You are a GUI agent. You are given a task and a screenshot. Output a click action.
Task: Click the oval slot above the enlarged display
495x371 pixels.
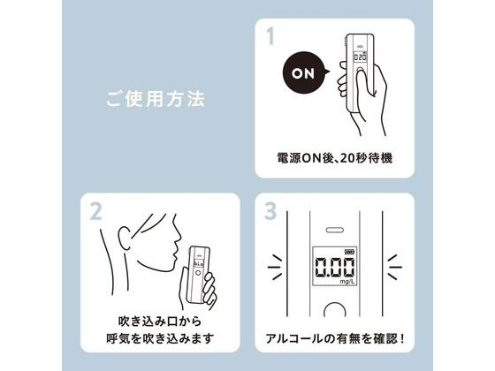[x=333, y=228]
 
